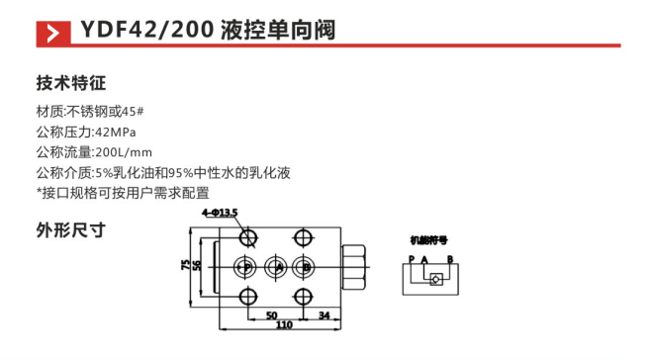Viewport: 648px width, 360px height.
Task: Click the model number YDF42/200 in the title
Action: pos(143,31)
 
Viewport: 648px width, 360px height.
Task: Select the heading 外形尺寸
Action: pos(70,231)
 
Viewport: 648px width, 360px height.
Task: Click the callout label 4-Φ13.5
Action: pos(221,213)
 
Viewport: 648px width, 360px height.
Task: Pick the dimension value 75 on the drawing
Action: pos(184,266)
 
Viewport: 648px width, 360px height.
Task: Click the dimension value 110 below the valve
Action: pos(284,325)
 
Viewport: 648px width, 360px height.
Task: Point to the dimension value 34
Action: pos(324,315)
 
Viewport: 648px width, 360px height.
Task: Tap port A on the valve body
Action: pos(278,267)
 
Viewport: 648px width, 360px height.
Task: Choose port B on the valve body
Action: pos(307,267)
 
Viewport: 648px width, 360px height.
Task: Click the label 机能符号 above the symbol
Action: pos(429,239)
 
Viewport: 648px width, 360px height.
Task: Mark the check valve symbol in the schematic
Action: pos(433,280)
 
